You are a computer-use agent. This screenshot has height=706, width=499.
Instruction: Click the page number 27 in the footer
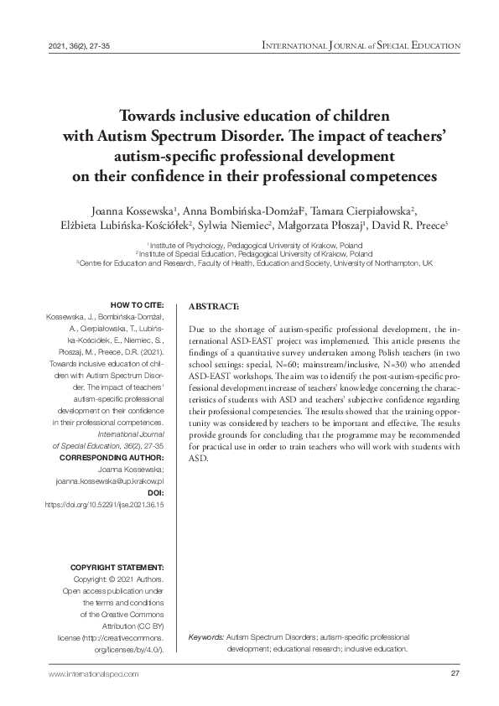(455, 675)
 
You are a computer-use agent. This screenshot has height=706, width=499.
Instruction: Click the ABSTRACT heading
(215, 308)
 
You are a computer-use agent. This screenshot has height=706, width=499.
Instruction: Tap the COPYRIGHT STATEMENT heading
(122, 568)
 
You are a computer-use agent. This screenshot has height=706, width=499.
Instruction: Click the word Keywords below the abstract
(205, 637)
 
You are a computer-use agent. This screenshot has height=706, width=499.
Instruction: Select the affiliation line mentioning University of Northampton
(254, 262)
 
